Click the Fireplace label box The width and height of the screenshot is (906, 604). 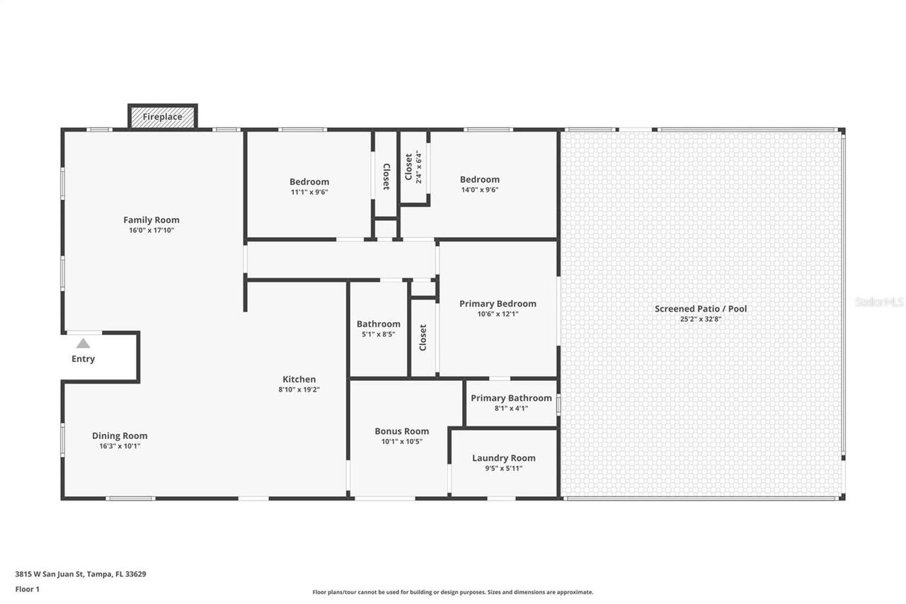pyautogui.click(x=163, y=117)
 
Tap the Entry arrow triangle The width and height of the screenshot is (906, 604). pyautogui.click(x=83, y=343)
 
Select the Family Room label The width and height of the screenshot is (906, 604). pyautogui.click(x=151, y=220)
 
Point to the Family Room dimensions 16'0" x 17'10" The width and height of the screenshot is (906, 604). pyautogui.click(x=151, y=230)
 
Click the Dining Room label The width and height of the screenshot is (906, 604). pyautogui.click(x=120, y=435)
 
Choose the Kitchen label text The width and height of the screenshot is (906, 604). pyautogui.click(x=299, y=379)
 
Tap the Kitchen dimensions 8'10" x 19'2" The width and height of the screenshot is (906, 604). pyautogui.click(x=299, y=389)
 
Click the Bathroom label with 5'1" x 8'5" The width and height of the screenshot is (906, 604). pyautogui.click(x=379, y=324)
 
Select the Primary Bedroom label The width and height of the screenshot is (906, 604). pyautogui.click(x=498, y=304)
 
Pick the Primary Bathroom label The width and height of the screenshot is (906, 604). pyautogui.click(x=511, y=398)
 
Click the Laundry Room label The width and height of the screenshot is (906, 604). pyautogui.click(x=504, y=458)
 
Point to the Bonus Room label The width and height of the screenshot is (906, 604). pyautogui.click(x=402, y=431)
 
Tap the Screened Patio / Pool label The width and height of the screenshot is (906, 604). pyautogui.click(x=701, y=309)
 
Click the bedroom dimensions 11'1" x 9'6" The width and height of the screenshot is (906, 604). pyautogui.click(x=309, y=192)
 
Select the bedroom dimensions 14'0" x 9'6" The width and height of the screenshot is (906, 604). pyautogui.click(x=480, y=190)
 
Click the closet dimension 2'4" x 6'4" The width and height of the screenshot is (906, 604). pyautogui.click(x=418, y=167)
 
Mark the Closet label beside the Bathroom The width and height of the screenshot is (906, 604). pyautogui.click(x=423, y=338)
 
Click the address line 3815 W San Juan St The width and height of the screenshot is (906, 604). pyautogui.click(x=81, y=574)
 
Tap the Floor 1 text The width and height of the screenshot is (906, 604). pyautogui.click(x=27, y=588)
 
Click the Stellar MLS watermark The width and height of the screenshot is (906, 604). pyautogui.click(x=879, y=302)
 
